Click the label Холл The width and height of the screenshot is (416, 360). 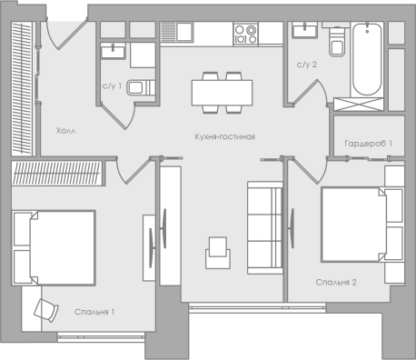pyautogui.click(x=65, y=131)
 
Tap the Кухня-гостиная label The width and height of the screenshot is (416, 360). pyautogui.click(x=225, y=136)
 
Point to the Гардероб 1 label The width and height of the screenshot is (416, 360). pyautogui.click(x=368, y=144)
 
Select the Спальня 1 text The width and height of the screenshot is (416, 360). pyautogui.click(x=94, y=312)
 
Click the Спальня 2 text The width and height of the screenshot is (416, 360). pyautogui.click(x=336, y=283)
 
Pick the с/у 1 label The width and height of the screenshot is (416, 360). pyautogui.click(x=112, y=86)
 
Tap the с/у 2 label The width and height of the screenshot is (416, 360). pyautogui.click(x=307, y=65)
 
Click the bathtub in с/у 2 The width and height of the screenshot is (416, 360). pyautogui.click(x=367, y=60)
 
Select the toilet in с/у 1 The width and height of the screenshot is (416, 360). pyautogui.click(x=141, y=87)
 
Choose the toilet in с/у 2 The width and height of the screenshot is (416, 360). pyautogui.click(x=337, y=42)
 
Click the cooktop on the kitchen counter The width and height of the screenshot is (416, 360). pyautogui.click(x=246, y=34)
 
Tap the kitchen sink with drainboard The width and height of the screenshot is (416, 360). pyautogui.click(x=176, y=32)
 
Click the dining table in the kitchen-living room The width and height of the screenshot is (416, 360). pyautogui.click(x=222, y=93)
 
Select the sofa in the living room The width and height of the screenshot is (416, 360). pyautogui.click(x=265, y=227)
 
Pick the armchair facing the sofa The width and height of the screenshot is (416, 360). pyautogui.click(x=218, y=253)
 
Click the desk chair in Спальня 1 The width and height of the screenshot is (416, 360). pyautogui.click(x=46, y=310)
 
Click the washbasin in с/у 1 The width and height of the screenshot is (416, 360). pyautogui.click(x=113, y=51)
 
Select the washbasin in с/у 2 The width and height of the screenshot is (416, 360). pyautogui.click(x=304, y=30)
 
